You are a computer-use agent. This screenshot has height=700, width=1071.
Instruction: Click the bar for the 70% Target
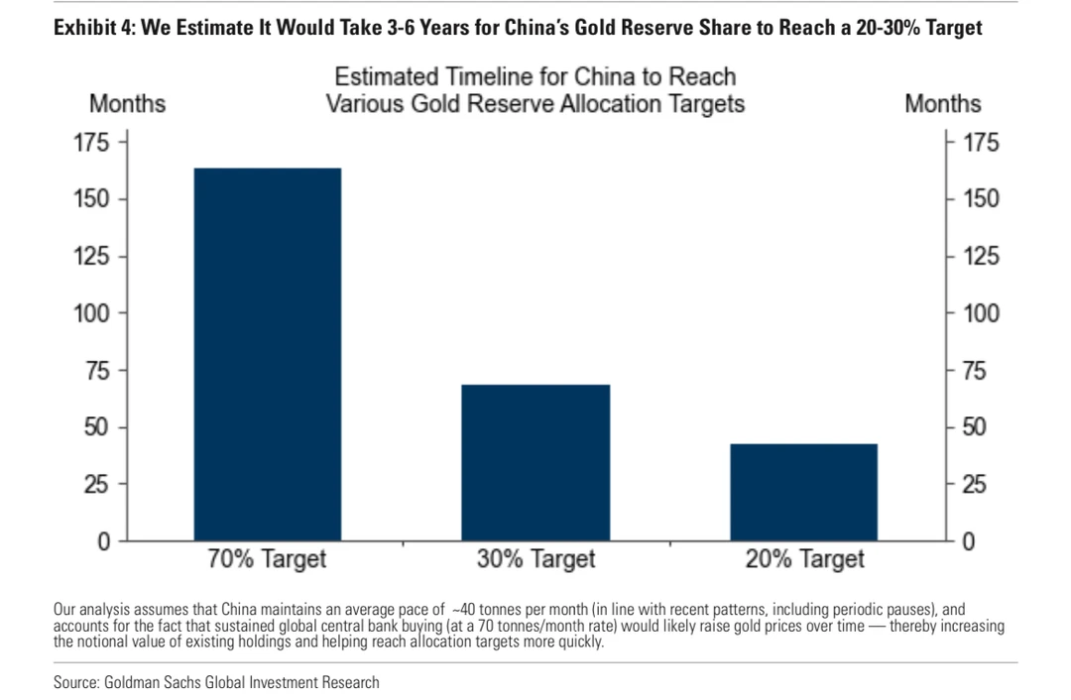[x=267, y=354]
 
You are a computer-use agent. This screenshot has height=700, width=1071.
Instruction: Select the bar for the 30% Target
[x=536, y=462]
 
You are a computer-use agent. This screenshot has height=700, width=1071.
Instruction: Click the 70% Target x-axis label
[x=267, y=559]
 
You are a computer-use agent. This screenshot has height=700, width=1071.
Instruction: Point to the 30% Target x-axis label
[x=536, y=559]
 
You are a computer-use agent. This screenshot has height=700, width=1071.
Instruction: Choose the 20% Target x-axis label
[x=805, y=559]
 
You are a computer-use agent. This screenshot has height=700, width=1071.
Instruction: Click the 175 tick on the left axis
[x=91, y=142]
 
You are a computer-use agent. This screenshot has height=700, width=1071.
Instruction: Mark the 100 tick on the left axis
[x=91, y=313]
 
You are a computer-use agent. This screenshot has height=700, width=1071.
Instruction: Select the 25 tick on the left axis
[x=96, y=485]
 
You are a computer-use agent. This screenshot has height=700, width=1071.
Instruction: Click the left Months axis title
[x=128, y=104]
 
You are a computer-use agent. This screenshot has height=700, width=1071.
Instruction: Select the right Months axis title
[x=942, y=104]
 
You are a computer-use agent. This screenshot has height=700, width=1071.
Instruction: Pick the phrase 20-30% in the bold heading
[x=873, y=29]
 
